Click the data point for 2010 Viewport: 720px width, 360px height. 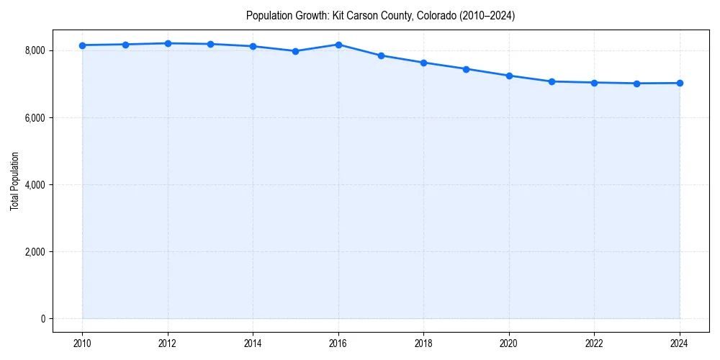pyautogui.click(x=83, y=45)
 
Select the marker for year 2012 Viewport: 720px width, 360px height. pyautogui.click(x=168, y=43)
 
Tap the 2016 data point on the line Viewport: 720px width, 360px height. pyautogui.click(x=338, y=45)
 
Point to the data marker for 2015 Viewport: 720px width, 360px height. pyautogui.click(x=296, y=51)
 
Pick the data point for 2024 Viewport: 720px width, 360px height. pyautogui.click(x=680, y=83)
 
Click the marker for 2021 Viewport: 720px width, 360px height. pyautogui.click(x=552, y=81)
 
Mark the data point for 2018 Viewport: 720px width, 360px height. pyautogui.click(x=424, y=63)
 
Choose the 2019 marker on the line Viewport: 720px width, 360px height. pyautogui.click(x=467, y=69)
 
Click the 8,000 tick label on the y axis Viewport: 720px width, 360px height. pyautogui.click(x=35, y=50)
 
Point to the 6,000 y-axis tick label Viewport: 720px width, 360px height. pyautogui.click(x=35, y=117)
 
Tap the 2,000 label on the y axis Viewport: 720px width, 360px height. pyautogui.click(x=35, y=252)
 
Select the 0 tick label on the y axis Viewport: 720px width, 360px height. pyautogui.click(x=42, y=319)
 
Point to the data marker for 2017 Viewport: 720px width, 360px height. pyautogui.click(x=381, y=55)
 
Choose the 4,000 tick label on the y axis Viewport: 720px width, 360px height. pyautogui.click(x=35, y=185)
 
